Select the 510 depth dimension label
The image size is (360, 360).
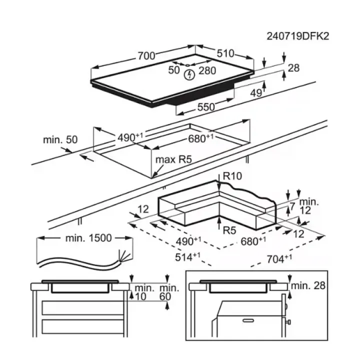[x=225, y=54]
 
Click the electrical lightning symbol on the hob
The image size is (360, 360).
[x=189, y=75]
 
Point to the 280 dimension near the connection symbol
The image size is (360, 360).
[x=208, y=70]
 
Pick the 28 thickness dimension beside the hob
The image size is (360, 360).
[x=293, y=68]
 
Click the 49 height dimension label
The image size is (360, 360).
[x=256, y=92]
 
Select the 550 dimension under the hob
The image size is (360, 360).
[x=205, y=107]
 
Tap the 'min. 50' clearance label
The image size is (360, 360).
[x=60, y=139]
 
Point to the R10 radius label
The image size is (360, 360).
[x=232, y=176]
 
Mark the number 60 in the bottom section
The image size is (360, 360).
[x=165, y=297]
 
